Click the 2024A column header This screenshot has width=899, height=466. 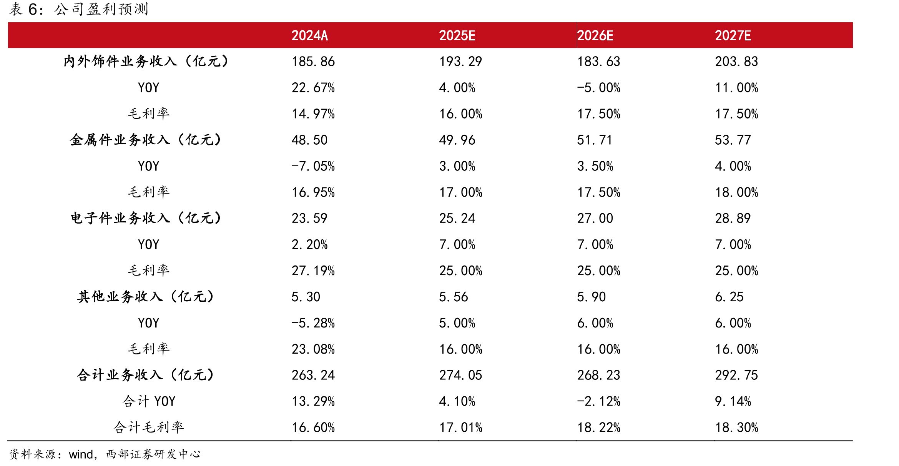(x=309, y=35)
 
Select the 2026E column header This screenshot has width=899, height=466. (x=595, y=35)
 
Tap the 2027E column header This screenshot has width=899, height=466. (x=733, y=35)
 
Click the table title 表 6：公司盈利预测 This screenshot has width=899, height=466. (x=79, y=9)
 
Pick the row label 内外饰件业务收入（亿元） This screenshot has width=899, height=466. (x=146, y=61)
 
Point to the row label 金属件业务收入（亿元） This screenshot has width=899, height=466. (x=146, y=140)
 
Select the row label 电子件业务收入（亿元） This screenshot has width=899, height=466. (x=146, y=218)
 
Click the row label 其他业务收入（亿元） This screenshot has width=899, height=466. (x=146, y=297)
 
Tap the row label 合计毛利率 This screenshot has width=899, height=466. (x=149, y=427)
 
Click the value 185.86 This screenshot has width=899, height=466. (x=313, y=62)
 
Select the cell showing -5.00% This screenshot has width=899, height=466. (x=599, y=88)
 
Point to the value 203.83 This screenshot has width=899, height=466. (x=736, y=62)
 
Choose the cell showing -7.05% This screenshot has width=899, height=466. (x=313, y=166)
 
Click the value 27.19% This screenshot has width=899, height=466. (x=313, y=271)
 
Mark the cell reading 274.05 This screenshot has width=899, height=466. (x=461, y=375)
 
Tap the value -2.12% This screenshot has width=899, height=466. (x=599, y=401)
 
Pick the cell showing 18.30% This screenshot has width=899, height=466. (x=736, y=428)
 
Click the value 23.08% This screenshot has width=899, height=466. (x=313, y=349)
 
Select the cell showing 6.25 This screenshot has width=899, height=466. (x=729, y=297)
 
